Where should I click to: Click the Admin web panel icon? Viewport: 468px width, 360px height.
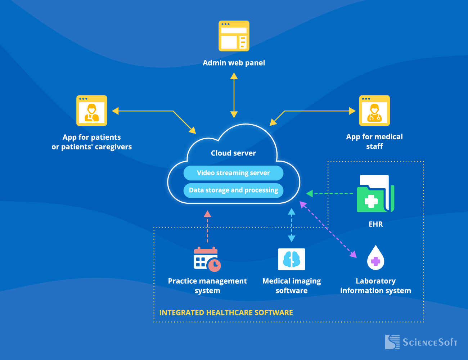click(x=234, y=36)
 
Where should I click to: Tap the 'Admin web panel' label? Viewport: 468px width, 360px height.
click(x=234, y=63)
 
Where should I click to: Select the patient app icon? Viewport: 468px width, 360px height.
click(x=92, y=111)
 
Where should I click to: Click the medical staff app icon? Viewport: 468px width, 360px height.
click(x=374, y=111)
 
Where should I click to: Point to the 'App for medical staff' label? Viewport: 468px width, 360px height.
click(x=374, y=141)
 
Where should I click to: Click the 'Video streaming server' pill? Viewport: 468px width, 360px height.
click(x=233, y=173)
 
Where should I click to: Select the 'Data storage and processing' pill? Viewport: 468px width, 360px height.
click(x=233, y=190)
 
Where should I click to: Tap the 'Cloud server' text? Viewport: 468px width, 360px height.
click(x=233, y=153)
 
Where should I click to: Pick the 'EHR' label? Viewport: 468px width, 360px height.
click(x=375, y=224)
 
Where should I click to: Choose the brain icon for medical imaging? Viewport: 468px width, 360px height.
click(x=292, y=259)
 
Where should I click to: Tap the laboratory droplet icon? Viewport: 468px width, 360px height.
click(x=375, y=258)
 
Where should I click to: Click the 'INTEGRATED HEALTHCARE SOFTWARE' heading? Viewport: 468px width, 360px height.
click(x=226, y=313)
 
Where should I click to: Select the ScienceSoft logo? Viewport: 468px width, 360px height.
click(x=421, y=342)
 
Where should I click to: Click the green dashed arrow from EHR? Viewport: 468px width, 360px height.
click(x=329, y=194)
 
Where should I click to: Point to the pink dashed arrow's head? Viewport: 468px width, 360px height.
click(x=207, y=214)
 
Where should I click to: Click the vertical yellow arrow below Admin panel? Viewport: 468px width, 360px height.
click(x=234, y=95)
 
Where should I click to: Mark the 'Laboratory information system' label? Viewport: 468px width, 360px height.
click(x=375, y=286)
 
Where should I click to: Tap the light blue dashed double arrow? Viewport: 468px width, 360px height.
click(x=292, y=225)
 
